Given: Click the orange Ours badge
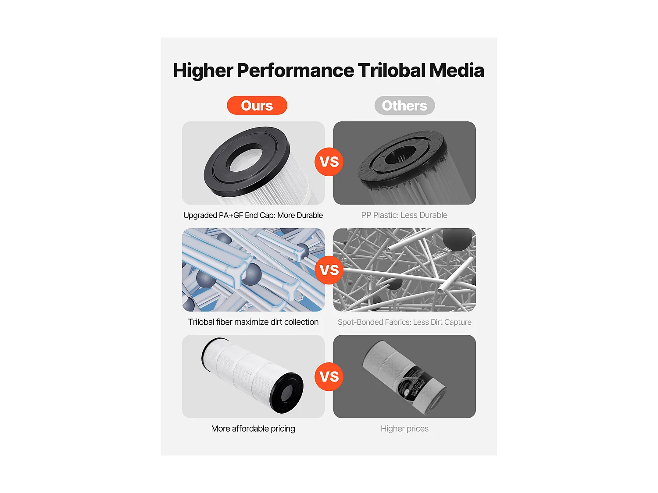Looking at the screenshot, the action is (257, 105).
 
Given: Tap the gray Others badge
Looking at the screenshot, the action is (404, 105).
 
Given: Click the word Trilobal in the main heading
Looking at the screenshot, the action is (391, 71).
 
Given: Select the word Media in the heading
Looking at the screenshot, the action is (457, 71).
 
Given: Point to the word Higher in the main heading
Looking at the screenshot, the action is (203, 71).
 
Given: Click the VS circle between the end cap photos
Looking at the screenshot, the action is (329, 162).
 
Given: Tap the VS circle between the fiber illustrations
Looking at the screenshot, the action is (329, 270).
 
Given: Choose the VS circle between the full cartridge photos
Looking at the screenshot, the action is (329, 376).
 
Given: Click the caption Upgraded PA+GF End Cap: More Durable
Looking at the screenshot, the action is (253, 216).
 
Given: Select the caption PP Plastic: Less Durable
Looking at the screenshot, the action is (404, 215).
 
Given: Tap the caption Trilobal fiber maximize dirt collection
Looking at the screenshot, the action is (253, 322).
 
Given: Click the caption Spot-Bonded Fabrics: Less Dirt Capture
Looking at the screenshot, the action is (404, 323).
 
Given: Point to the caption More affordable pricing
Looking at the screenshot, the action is (253, 429).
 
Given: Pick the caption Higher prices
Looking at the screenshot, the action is (404, 429).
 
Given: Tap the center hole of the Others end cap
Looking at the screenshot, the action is (400, 155).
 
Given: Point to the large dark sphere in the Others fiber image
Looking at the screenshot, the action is (458, 239).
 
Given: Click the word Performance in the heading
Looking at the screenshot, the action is (296, 71).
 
